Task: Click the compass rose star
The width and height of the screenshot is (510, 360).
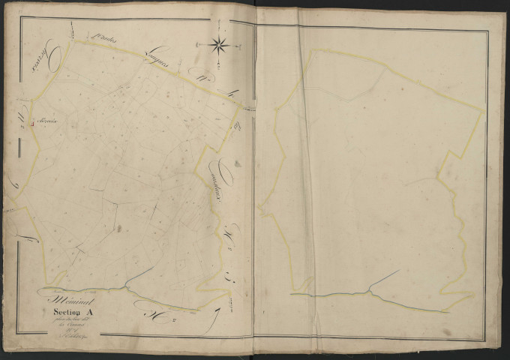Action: point(220,44)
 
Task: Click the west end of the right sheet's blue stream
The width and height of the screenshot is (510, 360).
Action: point(292,295)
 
